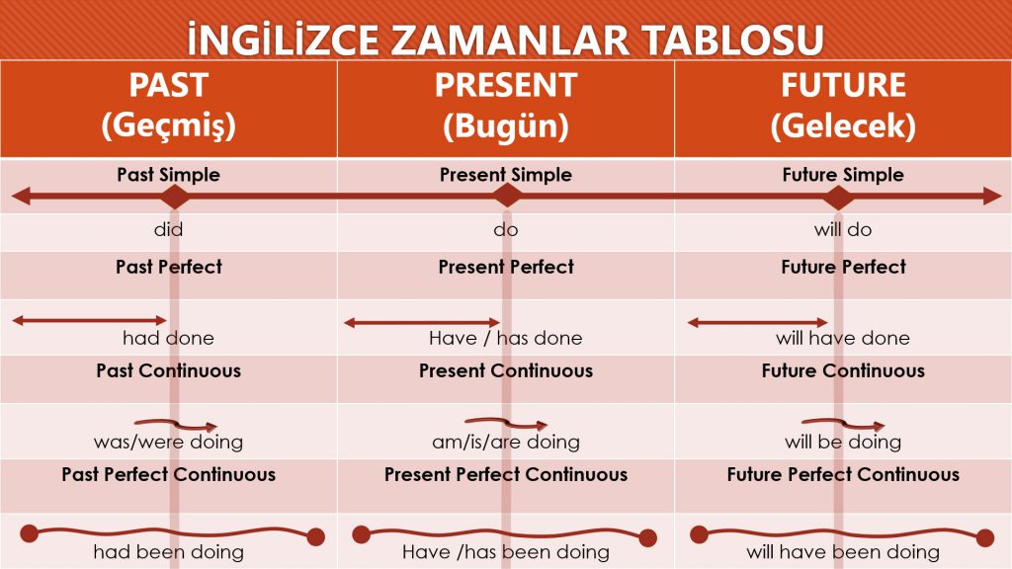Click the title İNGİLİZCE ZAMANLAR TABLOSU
(x=505, y=39)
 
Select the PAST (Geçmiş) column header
(x=169, y=106)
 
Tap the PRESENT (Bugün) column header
(x=505, y=106)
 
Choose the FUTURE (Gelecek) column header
(x=843, y=106)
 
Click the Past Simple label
(x=168, y=175)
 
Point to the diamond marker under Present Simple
(x=507, y=196)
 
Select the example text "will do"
(x=843, y=230)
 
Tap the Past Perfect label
(x=169, y=267)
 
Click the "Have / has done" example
(x=505, y=338)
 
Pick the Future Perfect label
(x=843, y=267)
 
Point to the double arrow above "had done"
(x=89, y=320)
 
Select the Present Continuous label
(x=505, y=371)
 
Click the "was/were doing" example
(x=168, y=442)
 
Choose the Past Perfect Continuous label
(x=168, y=474)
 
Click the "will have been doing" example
(x=843, y=551)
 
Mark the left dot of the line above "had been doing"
(x=29, y=534)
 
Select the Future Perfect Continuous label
(x=843, y=474)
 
